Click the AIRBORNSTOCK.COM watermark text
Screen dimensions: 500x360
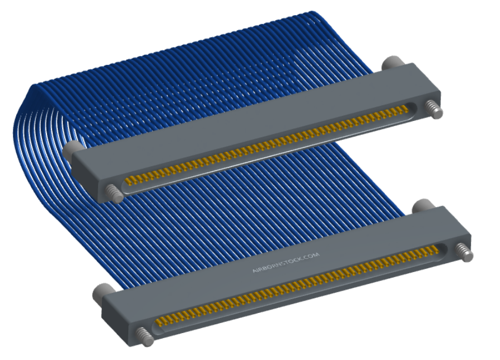coord(286,263)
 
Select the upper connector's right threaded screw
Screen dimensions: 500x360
coord(434,109)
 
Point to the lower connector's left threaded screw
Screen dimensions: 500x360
coord(145,336)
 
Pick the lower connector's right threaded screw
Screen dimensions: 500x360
coord(464,252)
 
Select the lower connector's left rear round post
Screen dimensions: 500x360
coord(102,293)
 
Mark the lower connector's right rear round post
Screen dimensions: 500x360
coord(423,206)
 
